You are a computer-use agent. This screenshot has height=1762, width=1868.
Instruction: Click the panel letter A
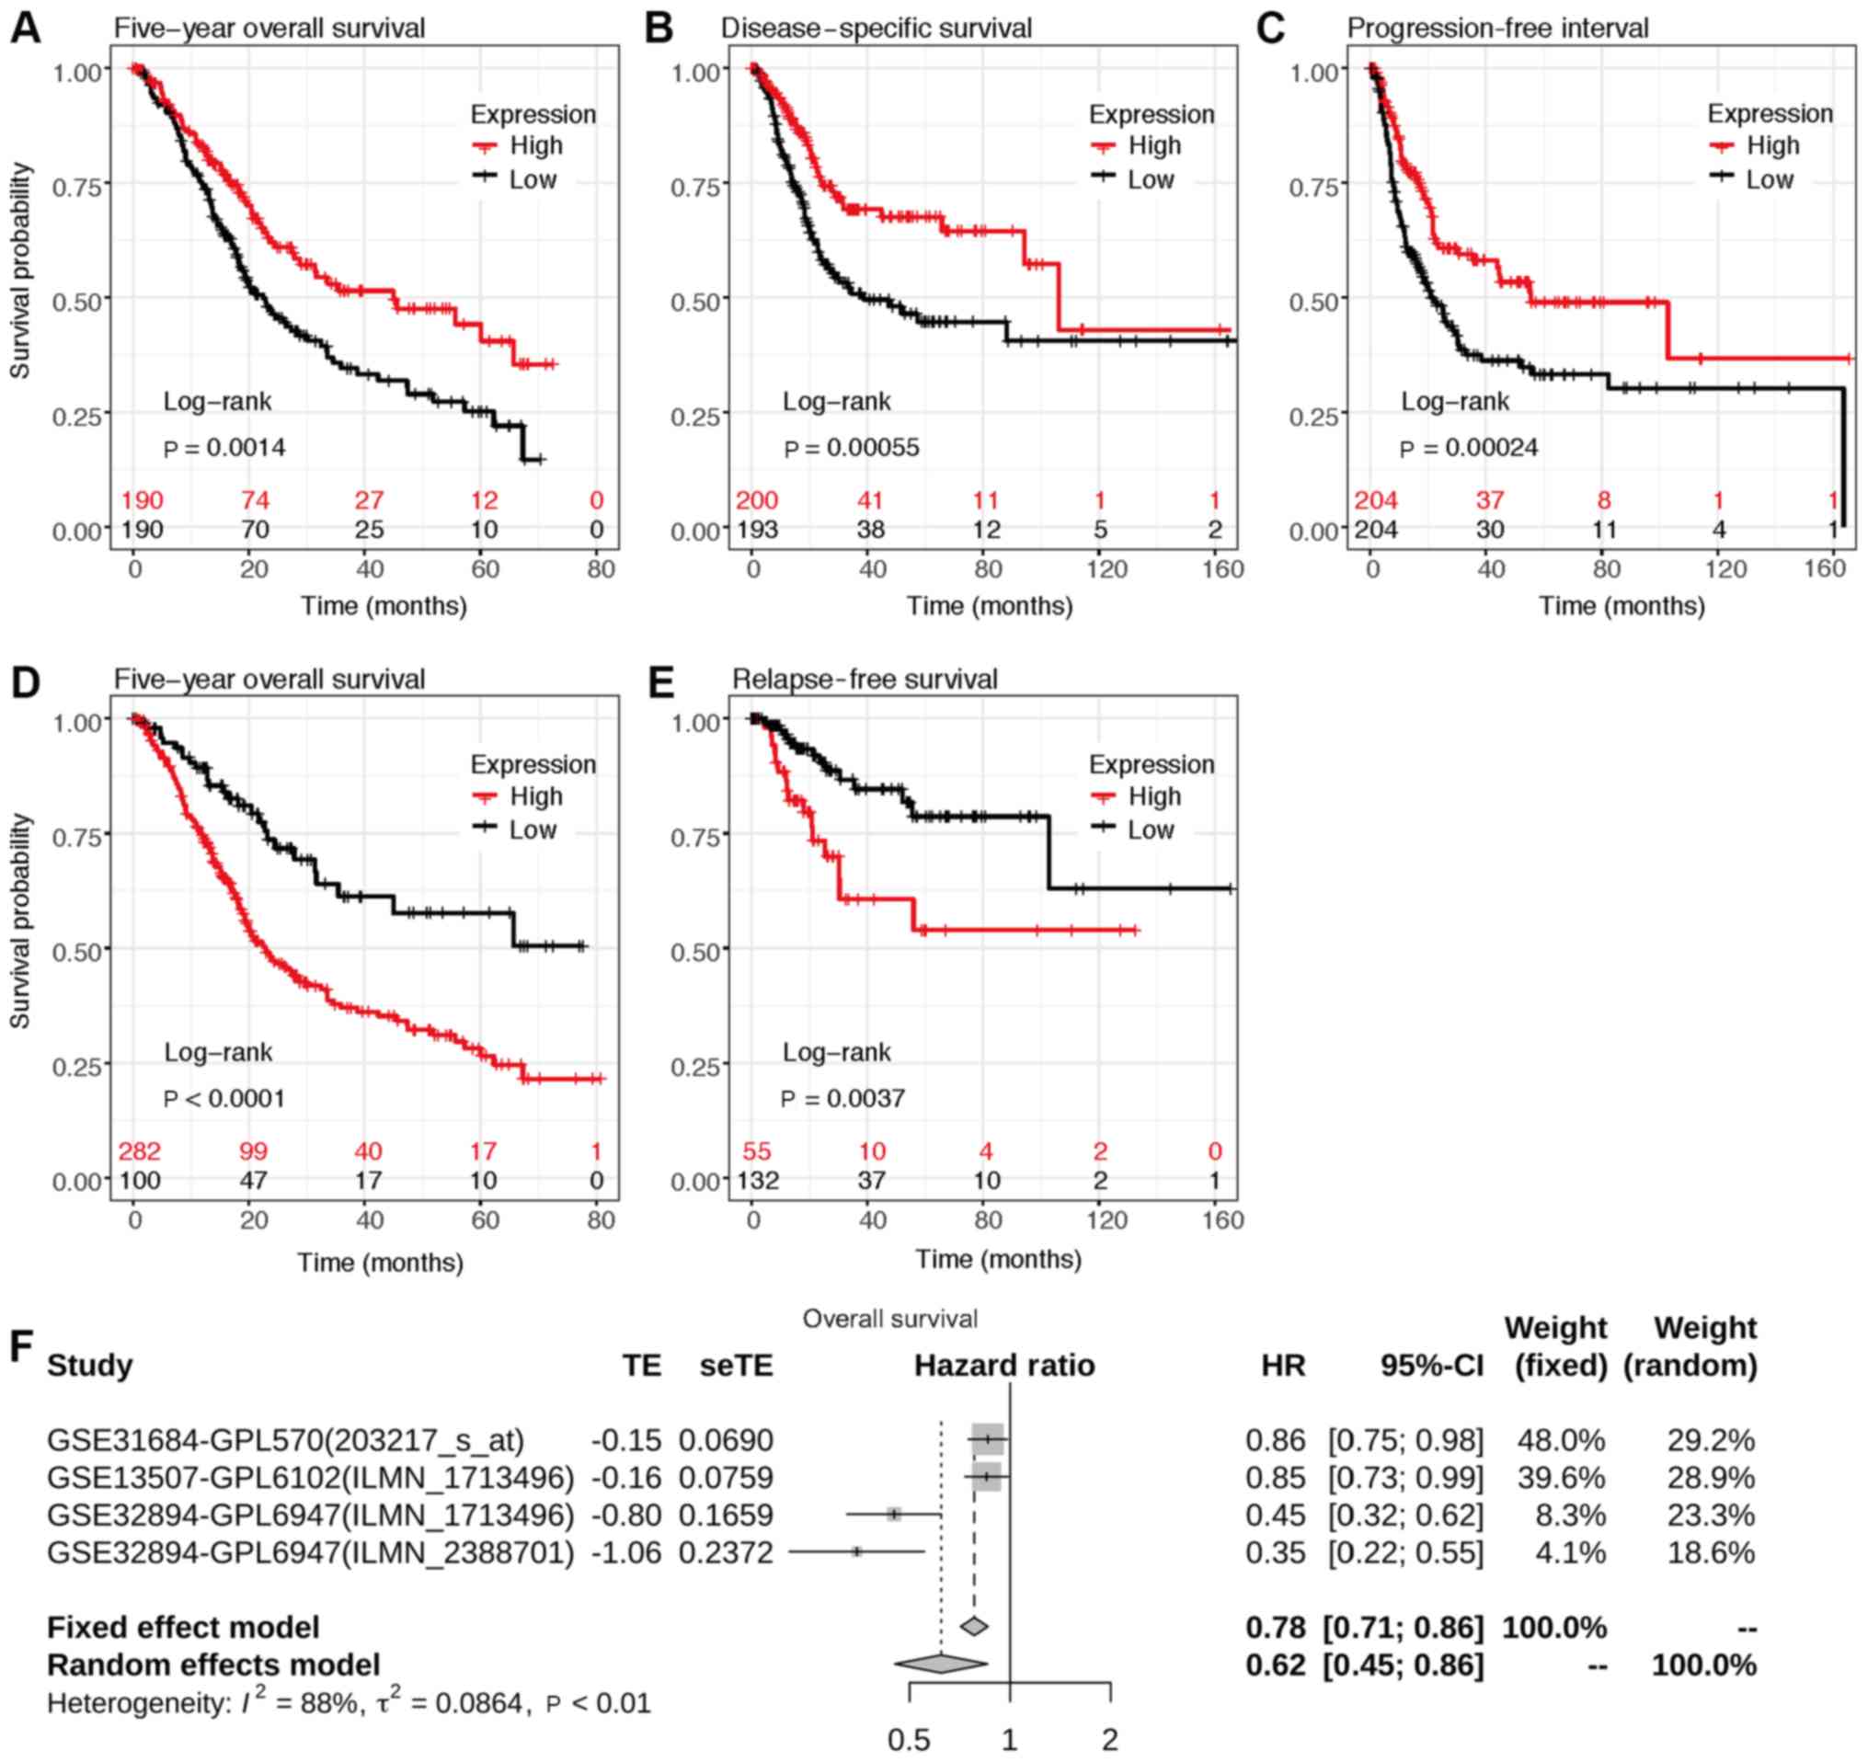pyautogui.click(x=26, y=29)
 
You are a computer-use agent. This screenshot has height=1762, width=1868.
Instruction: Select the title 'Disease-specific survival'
pyautogui.click(x=876, y=29)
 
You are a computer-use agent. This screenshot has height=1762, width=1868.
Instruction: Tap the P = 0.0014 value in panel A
pyautogui.click(x=224, y=448)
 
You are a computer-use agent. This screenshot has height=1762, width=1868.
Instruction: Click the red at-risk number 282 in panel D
pyautogui.click(x=139, y=1151)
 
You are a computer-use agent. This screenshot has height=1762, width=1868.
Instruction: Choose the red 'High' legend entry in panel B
pyautogui.click(x=1154, y=145)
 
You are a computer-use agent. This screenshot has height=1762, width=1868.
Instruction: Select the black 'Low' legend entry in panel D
pyautogui.click(x=532, y=830)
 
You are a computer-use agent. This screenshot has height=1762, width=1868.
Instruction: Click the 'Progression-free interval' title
pyautogui.click(x=1497, y=29)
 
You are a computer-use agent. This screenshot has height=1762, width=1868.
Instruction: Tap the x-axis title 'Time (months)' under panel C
pyautogui.click(x=1621, y=606)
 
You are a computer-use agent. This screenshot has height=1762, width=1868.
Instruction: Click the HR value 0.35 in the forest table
pyautogui.click(x=1275, y=1552)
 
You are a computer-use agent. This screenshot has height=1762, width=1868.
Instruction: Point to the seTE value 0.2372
pyautogui.click(x=726, y=1552)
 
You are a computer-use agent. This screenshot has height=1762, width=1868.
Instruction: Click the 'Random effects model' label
pyautogui.click(x=213, y=1665)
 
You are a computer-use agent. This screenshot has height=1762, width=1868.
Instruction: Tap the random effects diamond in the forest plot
pyautogui.click(x=941, y=1665)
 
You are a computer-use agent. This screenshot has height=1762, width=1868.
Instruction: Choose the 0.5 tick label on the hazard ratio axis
pyautogui.click(x=909, y=1739)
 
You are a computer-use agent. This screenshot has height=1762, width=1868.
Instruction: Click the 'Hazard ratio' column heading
pyautogui.click(x=1004, y=1365)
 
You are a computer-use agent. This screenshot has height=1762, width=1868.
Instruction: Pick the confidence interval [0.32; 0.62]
pyautogui.click(x=1404, y=1515)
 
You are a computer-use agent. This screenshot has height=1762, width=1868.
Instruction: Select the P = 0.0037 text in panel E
pyautogui.click(x=843, y=1099)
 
